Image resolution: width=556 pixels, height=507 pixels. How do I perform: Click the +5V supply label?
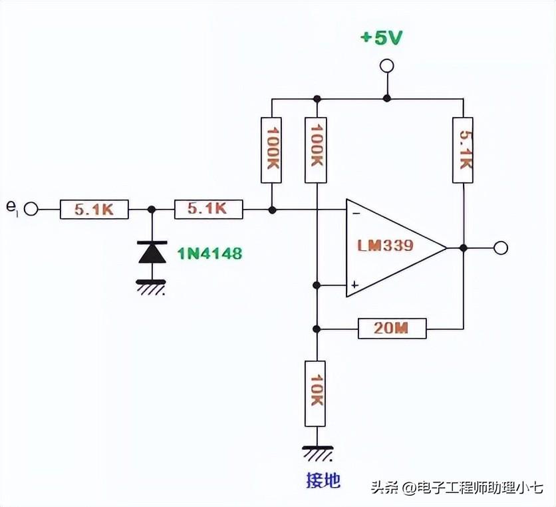point(381,38)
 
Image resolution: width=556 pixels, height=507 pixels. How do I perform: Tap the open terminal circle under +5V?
point(386,66)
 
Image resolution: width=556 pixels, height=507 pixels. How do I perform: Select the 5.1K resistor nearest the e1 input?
point(94,210)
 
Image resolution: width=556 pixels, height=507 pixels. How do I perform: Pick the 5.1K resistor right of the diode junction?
point(209,210)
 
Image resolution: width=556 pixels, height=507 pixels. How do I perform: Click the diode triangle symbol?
point(152,252)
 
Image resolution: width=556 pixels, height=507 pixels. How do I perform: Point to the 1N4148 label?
point(209,254)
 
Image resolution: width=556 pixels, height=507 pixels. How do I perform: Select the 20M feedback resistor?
point(392,328)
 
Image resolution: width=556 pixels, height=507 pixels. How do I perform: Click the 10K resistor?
point(316,393)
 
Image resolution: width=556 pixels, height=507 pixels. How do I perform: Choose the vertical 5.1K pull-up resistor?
point(463,150)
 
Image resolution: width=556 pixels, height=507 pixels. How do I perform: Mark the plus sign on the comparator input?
point(354,285)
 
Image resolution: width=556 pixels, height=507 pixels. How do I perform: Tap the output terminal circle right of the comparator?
point(501,248)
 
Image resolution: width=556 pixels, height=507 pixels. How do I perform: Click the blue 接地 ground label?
point(323,480)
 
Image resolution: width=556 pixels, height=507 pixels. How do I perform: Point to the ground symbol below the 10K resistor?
point(317,453)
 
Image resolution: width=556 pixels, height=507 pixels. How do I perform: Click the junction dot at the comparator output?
point(463,248)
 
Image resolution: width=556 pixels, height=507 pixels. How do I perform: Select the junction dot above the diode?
point(152,210)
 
